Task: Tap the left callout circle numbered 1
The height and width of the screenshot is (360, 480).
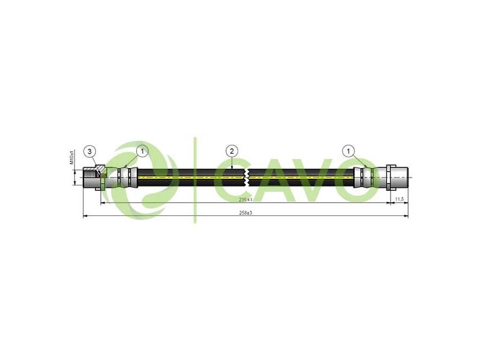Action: click(x=142, y=151)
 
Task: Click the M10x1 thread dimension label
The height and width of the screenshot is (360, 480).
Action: click(x=71, y=157)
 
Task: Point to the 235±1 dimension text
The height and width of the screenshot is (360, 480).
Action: click(x=245, y=199)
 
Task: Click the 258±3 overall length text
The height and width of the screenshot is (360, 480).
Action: click(x=245, y=212)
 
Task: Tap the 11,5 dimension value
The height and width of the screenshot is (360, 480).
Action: click(x=398, y=198)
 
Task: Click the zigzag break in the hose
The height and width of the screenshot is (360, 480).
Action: click(x=247, y=178)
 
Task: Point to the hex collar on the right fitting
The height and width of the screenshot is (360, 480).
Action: click(x=390, y=178)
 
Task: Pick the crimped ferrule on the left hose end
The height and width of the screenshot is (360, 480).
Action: click(x=127, y=178)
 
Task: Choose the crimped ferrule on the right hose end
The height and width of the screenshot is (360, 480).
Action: click(x=364, y=178)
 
